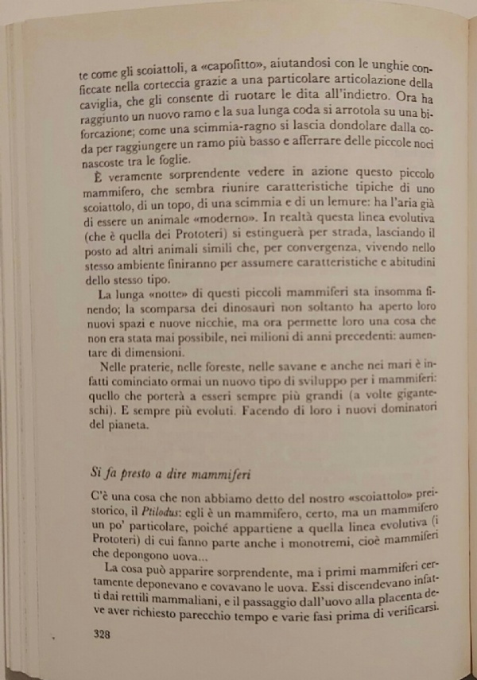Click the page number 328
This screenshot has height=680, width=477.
click(107, 635)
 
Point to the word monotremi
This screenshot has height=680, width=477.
click(296, 542)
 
